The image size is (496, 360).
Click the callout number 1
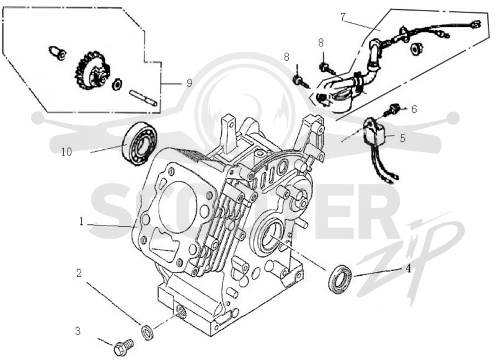coord(81,222)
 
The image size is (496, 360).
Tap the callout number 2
coord(79,273)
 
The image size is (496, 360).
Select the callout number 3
coord(78,331)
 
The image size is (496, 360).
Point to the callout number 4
coord(409,269)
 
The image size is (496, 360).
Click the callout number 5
coord(402,138)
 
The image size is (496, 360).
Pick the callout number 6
coord(414,109)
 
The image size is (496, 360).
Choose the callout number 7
coord(344,17)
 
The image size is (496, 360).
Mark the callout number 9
coord(189,83)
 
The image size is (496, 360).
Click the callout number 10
coord(67,152)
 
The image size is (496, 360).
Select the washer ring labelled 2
coord(147,331)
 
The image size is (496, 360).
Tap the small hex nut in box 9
coord(117,85)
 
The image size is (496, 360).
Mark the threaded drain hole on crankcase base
coord(180,311)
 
